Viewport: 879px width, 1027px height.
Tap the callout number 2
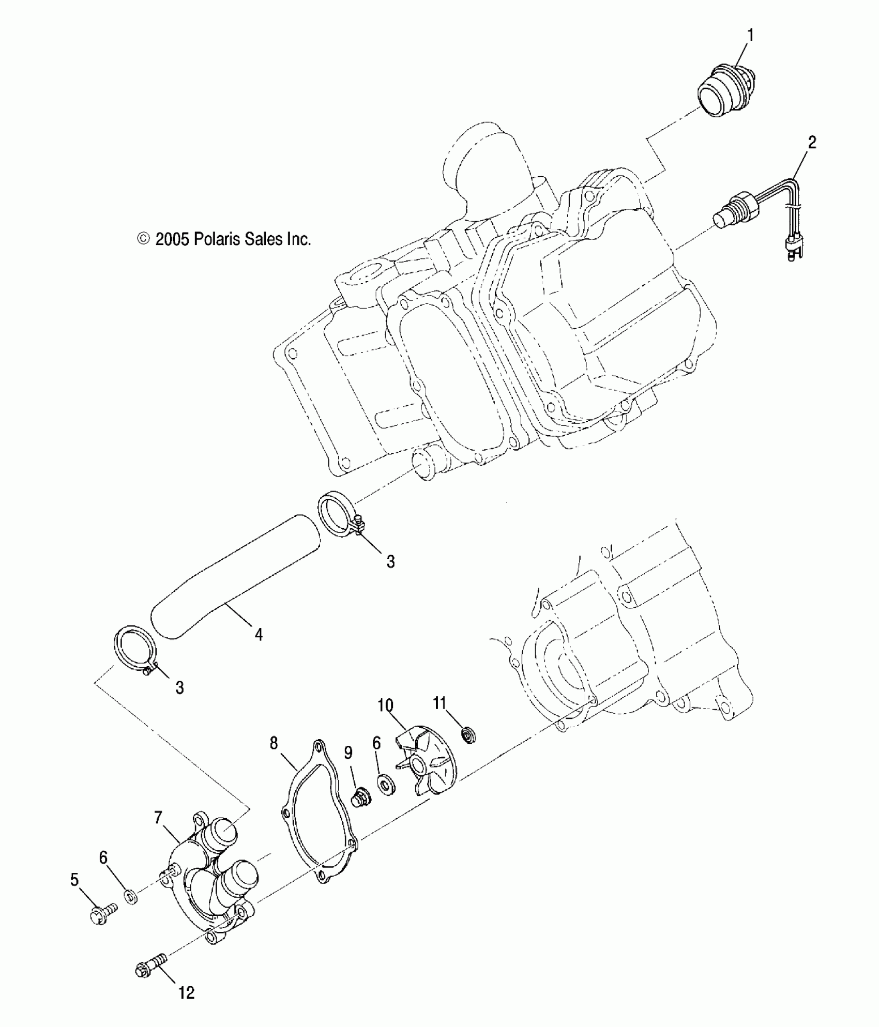[x=812, y=143]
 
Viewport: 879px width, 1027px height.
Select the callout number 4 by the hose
[x=259, y=634]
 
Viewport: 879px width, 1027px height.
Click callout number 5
[x=74, y=880]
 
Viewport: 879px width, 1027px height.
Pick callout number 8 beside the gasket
[x=274, y=743]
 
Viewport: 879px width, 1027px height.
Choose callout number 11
[x=439, y=703]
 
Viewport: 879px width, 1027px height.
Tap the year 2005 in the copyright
[x=173, y=239]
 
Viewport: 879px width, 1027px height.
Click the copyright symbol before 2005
[x=143, y=238]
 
